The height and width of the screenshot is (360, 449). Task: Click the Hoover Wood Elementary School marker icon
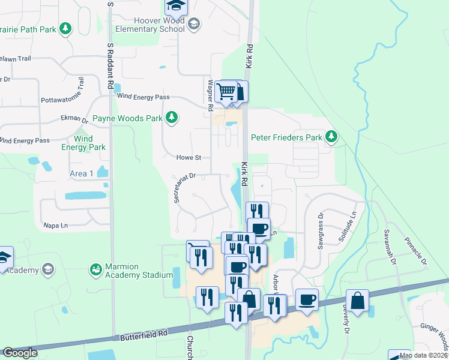(193, 24)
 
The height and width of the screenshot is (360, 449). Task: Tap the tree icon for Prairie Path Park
(65, 28)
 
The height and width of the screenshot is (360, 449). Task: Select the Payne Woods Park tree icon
(172, 117)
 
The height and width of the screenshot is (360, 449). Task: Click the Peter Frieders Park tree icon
(331, 137)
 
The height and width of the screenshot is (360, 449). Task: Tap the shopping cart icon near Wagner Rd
(226, 92)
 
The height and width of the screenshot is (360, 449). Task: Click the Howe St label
(188, 158)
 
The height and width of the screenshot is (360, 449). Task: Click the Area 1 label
(82, 173)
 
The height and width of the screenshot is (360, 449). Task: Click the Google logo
(20, 353)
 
